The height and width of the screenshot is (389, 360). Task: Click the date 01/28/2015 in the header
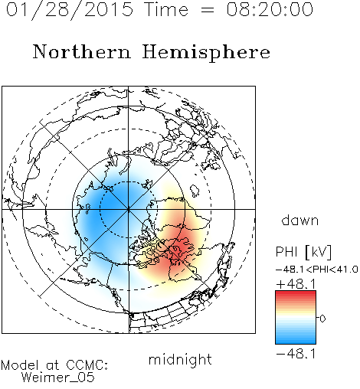point(69,9)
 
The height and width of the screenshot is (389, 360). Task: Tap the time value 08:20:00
point(270,9)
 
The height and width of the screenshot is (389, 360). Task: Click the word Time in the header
point(166,9)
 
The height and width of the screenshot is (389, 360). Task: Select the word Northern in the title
point(81,51)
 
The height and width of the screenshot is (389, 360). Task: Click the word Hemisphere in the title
point(206,53)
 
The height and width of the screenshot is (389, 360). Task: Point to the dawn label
point(299,220)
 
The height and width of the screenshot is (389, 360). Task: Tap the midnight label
point(180,359)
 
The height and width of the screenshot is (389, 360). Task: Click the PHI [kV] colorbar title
point(303,252)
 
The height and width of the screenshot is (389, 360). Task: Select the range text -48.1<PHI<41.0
point(317,270)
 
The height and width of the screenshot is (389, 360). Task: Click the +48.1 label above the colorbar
point(296,284)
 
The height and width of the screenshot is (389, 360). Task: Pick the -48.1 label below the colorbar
point(296,354)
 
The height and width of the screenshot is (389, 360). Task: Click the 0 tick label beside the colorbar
point(322,319)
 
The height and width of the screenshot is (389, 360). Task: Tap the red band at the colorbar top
point(296,295)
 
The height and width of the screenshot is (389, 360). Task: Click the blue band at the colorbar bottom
point(296,339)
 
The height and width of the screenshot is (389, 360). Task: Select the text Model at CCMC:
point(54,365)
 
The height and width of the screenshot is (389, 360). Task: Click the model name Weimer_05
point(58,378)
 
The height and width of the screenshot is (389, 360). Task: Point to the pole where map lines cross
point(128,209)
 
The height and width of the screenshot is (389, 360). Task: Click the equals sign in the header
point(208,11)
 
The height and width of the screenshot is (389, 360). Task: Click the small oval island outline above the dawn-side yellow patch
point(195,190)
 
